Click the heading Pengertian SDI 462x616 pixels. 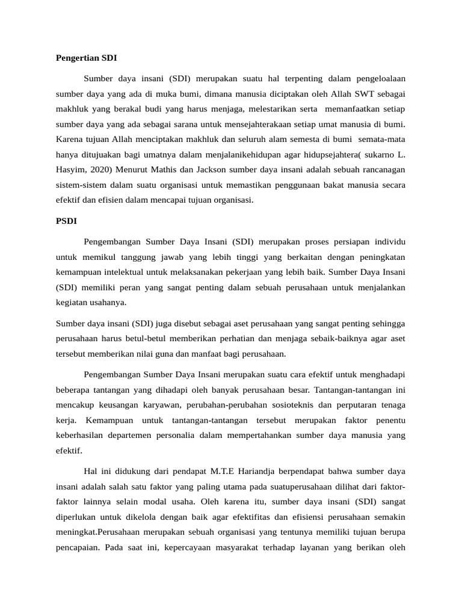point(86,58)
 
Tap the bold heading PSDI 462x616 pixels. point(66,221)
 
